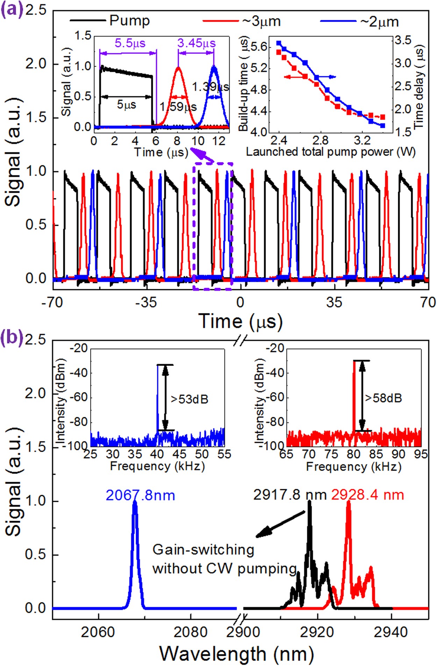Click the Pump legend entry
[x=129, y=21]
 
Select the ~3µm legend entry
[x=261, y=21]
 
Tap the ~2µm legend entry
[x=379, y=22]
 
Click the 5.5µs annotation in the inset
[x=130, y=43]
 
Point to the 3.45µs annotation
[x=196, y=43]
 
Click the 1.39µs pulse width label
[x=210, y=87]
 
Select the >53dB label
[x=189, y=399]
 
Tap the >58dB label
[x=384, y=398]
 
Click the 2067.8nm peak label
[x=140, y=496]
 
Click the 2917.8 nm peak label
[x=290, y=495]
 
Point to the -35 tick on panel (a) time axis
[x=146, y=302]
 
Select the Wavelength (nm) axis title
[x=237, y=654]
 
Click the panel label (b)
[x=12, y=337]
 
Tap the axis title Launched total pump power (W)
[x=330, y=152]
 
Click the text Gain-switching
[x=203, y=550]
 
